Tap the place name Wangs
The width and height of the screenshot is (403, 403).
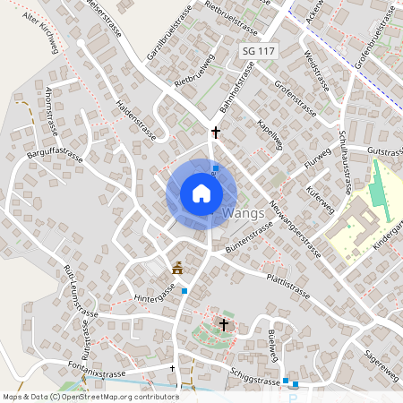pyautogui.click(x=243, y=213)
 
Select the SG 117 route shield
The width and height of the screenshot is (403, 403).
pyautogui.click(x=259, y=52)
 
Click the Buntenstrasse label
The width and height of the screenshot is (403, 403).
pyautogui.click(x=248, y=236)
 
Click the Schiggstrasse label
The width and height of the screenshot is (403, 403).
pyautogui.click(x=254, y=380)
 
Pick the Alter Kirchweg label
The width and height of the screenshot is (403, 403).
pyautogui.click(x=40, y=33)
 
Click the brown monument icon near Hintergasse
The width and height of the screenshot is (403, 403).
pyautogui.click(x=177, y=267)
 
